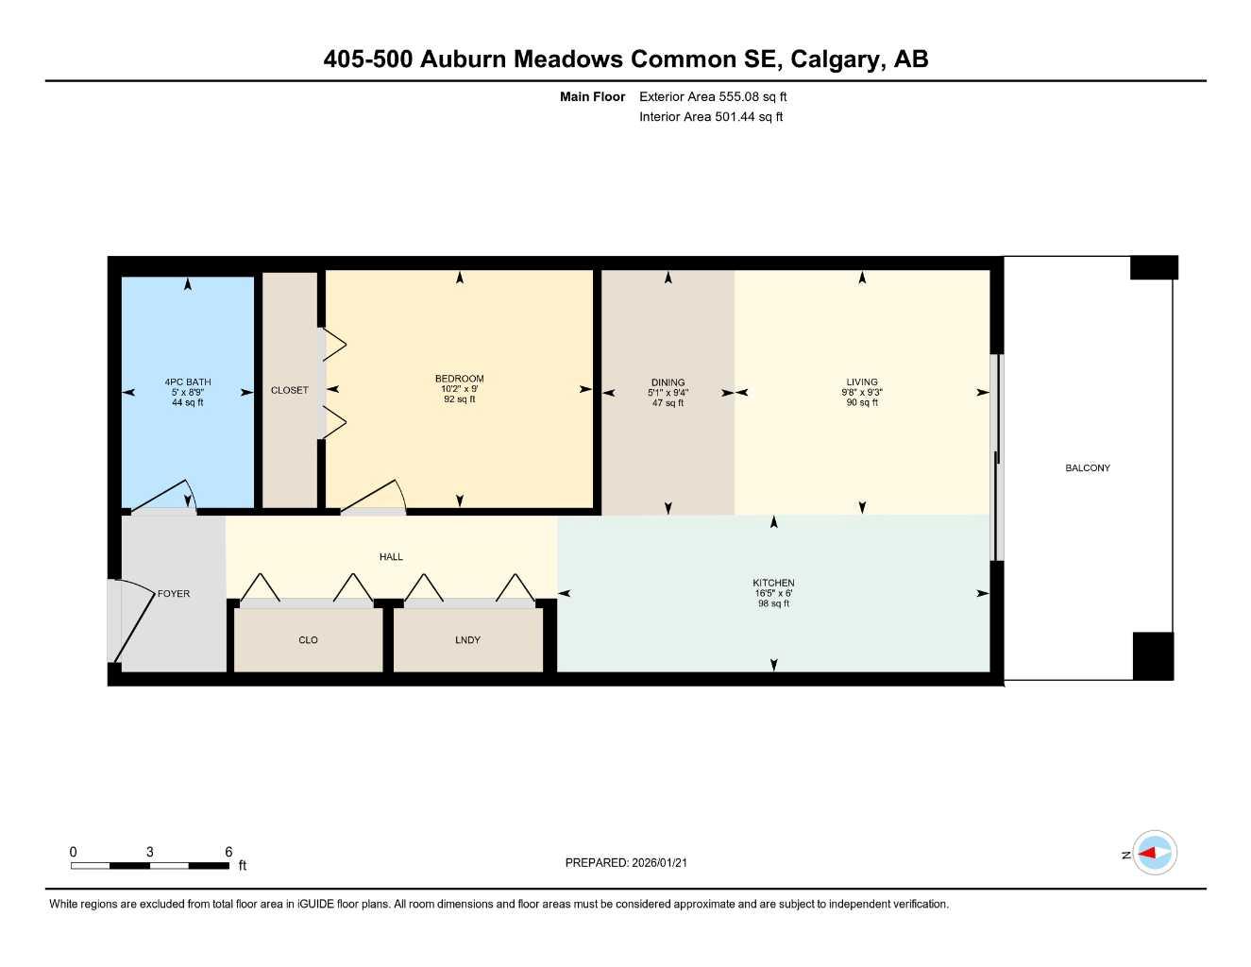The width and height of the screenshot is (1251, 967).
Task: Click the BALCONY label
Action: [x=1087, y=468]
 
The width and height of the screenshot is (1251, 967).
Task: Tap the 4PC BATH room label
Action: [x=188, y=382]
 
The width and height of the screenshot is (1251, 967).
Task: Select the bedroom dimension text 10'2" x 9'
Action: [x=460, y=389]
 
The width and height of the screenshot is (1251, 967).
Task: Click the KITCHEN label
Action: [x=773, y=583]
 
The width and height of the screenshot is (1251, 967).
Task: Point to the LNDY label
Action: [x=467, y=640]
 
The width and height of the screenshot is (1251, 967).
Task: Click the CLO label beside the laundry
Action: [x=308, y=640]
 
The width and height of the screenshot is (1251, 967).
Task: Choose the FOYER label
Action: [x=174, y=594]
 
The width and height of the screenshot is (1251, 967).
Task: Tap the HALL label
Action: [x=391, y=557]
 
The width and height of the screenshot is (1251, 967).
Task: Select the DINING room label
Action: [x=668, y=382]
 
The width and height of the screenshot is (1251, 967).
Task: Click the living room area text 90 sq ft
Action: [x=862, y=403]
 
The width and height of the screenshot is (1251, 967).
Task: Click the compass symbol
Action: [x=1154, y=854]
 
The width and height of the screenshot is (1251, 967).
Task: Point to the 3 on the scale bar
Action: [x=149, y=852]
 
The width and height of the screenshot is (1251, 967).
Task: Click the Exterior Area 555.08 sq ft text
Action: [x=713, y=96]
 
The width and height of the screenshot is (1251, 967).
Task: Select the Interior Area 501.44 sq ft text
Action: [x=711, y=117]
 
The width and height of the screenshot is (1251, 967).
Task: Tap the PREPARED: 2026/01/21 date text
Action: [x=626, y=863]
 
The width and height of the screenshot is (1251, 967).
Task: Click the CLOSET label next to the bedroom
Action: [x=289, y=390]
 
